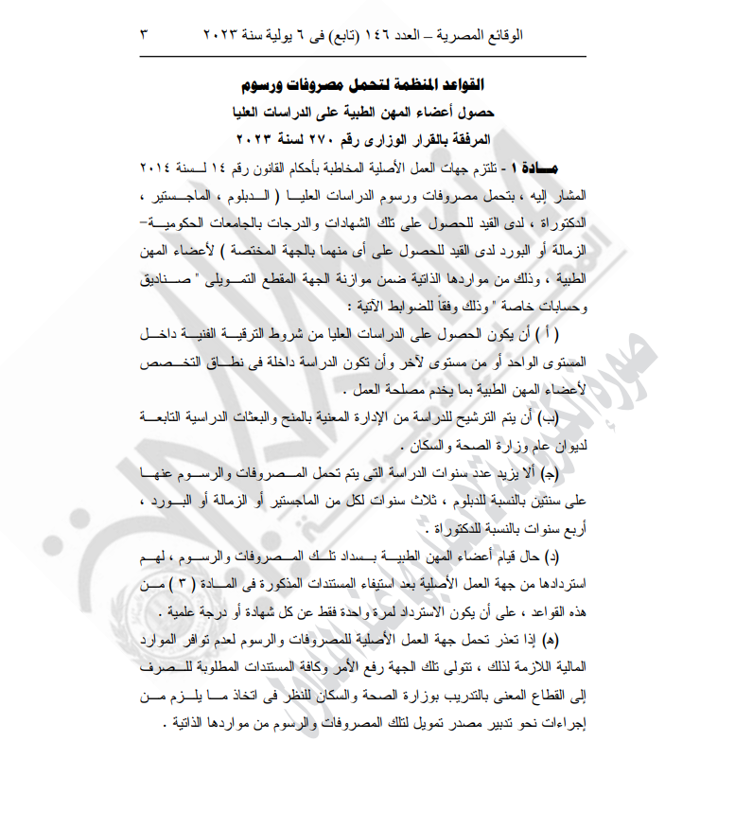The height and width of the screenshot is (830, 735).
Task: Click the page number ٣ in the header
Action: coord(144,35)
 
